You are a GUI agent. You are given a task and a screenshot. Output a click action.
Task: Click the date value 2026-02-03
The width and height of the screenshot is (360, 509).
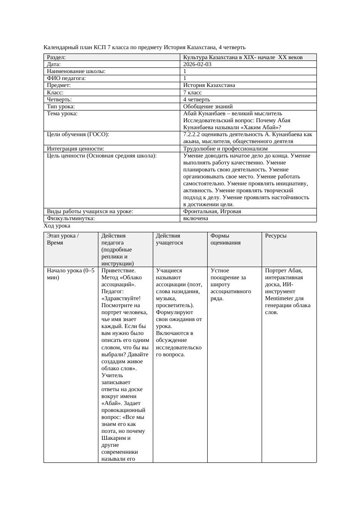pos(197,64)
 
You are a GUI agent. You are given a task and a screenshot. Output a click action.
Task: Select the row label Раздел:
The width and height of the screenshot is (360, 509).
pos(56,57)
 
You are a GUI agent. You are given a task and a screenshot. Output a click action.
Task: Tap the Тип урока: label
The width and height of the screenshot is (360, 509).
pos(61,106)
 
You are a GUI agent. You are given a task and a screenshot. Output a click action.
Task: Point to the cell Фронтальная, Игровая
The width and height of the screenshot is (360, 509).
pos(212,211)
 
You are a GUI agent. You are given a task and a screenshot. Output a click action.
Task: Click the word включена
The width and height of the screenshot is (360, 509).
pos(195,218)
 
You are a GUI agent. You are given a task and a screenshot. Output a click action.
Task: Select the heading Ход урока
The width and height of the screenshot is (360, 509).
pos(57,226)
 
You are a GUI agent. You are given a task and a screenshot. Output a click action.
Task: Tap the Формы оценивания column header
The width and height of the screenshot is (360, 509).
pos(225,239)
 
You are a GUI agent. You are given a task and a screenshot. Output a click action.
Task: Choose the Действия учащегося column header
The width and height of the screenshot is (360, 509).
pos(169,239)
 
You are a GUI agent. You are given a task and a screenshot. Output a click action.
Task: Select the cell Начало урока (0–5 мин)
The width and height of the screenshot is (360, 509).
pos(70,274)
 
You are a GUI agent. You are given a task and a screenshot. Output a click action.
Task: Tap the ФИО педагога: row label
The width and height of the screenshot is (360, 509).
pos(66,78)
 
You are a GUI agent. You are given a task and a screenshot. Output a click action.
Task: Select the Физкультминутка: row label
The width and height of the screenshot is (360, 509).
pos(71,218)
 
